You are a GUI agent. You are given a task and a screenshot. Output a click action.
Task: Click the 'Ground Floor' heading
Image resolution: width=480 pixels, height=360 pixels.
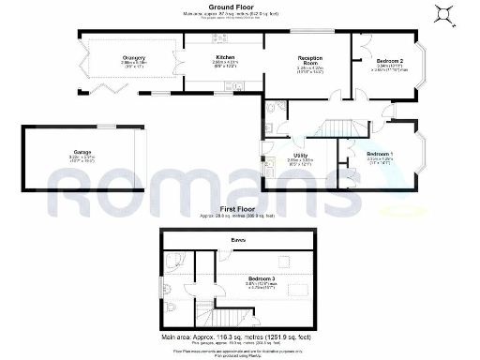240,6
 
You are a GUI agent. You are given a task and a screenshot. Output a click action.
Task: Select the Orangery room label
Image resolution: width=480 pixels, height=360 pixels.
133,59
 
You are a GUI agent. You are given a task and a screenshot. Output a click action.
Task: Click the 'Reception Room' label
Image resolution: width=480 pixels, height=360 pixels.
309,59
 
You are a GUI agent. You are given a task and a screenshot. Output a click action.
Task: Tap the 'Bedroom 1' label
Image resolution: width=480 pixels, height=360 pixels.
380,153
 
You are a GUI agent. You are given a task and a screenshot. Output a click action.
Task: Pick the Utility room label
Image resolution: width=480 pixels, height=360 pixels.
300,155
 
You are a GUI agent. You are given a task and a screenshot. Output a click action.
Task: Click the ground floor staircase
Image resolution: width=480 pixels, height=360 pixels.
341,127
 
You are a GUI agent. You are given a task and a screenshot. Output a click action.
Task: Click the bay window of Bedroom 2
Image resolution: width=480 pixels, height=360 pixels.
425,66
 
